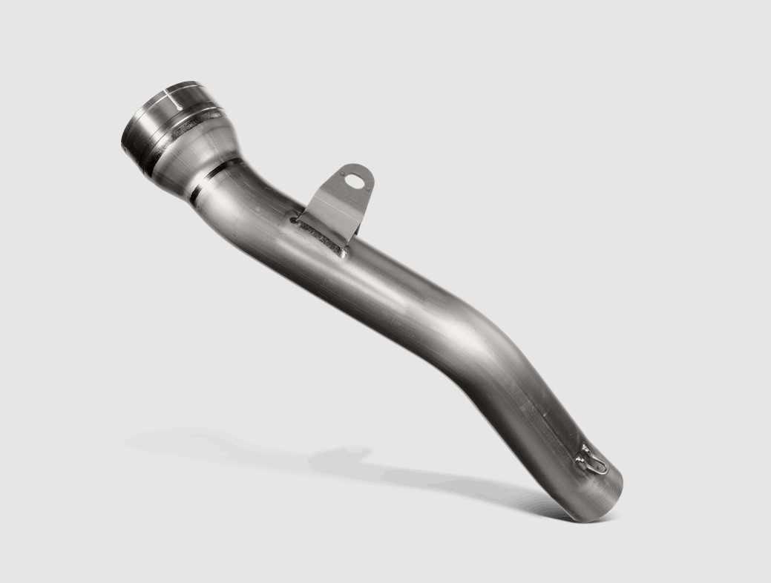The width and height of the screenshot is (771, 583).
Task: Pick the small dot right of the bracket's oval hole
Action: coord(369,180)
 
